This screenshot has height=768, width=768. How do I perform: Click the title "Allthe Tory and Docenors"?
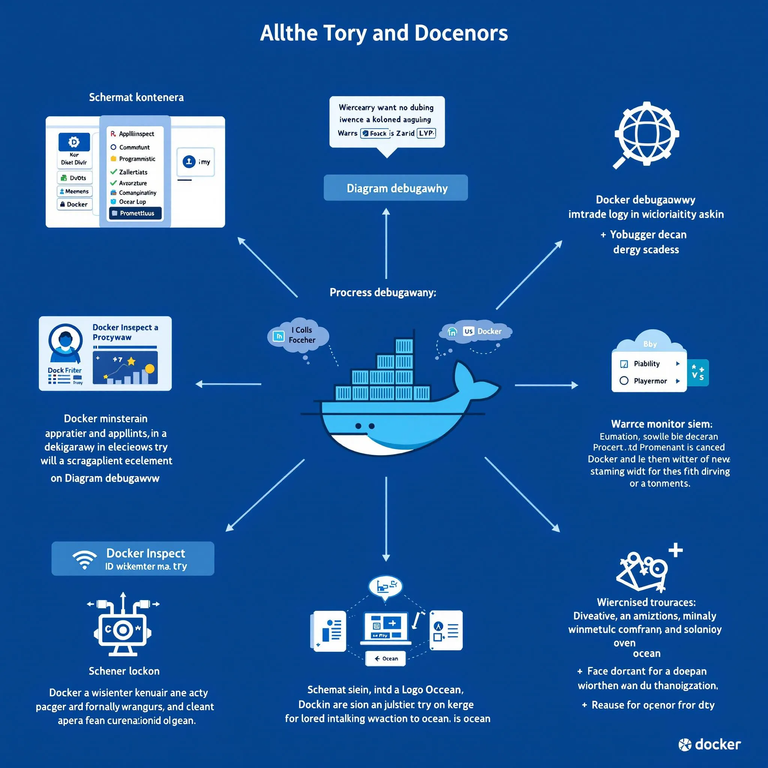click(x=384, y=33)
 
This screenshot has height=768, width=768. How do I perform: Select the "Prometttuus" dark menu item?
click(x=135, y=213)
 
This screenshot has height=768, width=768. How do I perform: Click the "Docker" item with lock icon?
click(x=75, y=204)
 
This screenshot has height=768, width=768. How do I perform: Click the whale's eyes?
click(x=364, y=426)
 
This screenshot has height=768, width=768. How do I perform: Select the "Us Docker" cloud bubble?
click(x=476, y=331)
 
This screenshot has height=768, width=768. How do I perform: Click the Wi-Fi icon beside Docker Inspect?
click(x=84, y=559)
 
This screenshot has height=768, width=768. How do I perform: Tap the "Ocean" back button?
click(x=385, y=658)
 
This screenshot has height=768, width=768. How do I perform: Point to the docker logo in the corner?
click(x=709, y=744)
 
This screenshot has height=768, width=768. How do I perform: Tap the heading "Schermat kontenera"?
click(x=136, y=97)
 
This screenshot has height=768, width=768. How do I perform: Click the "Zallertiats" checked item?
click(x=133, y=172)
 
